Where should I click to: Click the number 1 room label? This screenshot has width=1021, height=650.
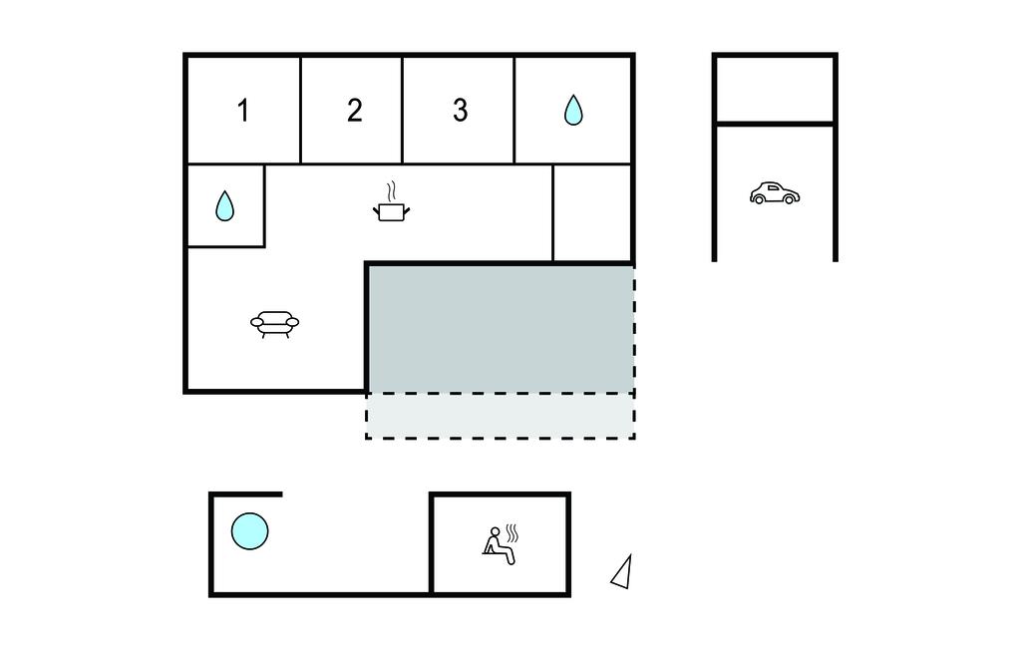(243, 110)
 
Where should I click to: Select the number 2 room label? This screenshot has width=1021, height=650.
(354, 110)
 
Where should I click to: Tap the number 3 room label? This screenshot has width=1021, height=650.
(461, 110)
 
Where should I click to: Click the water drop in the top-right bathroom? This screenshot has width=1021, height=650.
(573, 110)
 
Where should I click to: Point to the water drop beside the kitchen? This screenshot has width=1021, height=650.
(224, 205)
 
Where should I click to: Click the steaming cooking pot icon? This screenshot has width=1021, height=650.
(391, 202)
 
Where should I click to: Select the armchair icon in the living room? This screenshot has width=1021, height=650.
(275, 324)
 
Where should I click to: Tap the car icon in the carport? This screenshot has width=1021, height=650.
(774, 193)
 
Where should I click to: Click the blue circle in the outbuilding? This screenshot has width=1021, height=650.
(249, 530)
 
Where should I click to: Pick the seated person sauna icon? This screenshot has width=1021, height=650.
(500, 544)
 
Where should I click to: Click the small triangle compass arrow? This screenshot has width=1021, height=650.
(622, 572)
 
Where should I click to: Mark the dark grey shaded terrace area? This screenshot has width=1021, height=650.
(501, 328)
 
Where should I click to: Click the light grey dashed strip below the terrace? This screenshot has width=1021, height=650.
(501, 416)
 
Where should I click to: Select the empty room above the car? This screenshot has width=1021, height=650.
(775, 89)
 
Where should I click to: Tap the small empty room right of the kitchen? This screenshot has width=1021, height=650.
(591, 212)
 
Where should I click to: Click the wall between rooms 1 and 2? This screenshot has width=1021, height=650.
(300, 110)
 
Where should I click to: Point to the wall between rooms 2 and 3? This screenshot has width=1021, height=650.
(403, 110)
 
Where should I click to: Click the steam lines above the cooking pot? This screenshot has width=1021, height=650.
(391, 191)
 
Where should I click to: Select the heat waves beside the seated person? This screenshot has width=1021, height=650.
(512, 532)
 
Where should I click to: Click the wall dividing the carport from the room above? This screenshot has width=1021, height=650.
(775, 123)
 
